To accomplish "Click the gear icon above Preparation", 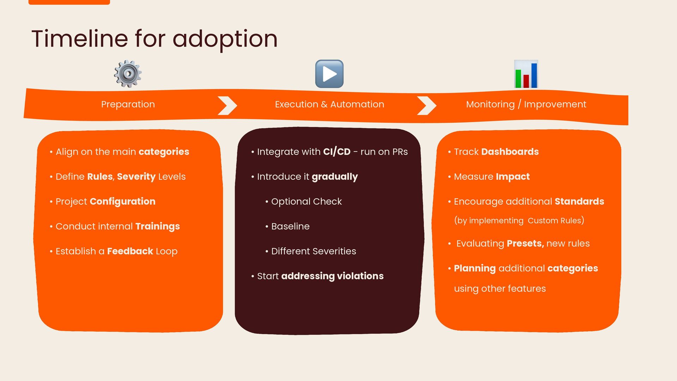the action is click(x=128, y=74).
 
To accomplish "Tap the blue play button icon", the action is click(x=329, y=74).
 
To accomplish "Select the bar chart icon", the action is click(x=526, y=74).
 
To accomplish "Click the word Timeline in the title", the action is click(x=80, y=38).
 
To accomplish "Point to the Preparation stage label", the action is click(x=128, y=104).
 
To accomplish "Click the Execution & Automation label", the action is click(x=329, y=104).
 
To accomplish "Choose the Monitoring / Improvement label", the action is click(x=526, y=104).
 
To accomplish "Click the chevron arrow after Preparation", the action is click(x=227, y=105).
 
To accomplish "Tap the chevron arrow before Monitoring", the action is click(x=427, y=105).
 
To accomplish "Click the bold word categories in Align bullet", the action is click(x=164, y=152).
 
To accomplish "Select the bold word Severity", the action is click(x=136, y=177).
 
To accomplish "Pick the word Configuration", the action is click(x=122, y=201).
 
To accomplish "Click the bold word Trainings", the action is click(x=158, y=226).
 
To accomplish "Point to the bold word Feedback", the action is click(x=130, y=251).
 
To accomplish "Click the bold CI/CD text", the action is click(x=337, y=152).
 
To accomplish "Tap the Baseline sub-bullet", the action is click(x=290, y=226).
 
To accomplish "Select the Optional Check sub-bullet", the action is click(x=306, y=201).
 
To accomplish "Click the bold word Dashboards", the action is click(x=510, y=152).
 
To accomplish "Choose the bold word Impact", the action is click(x=513, y=177).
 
